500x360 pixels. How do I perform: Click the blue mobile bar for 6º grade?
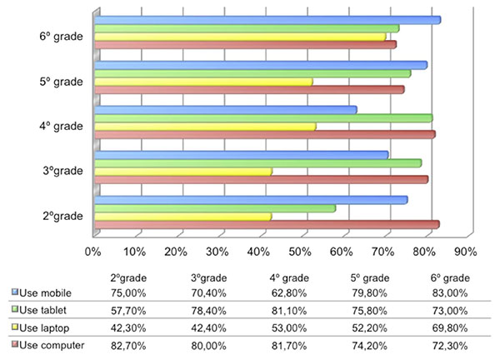pyautogui.click(x=267, y=20)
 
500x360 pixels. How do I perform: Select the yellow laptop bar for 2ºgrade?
pyautogui.click(x=182, y=216)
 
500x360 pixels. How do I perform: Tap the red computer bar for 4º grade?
pyautogui.click(x=264, y=134)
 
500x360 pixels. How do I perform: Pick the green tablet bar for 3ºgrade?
pyautogui.click(x=257, y=162)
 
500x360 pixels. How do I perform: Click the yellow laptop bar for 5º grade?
pyautogui.click(x=203, y=82)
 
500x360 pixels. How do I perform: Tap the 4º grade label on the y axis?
pyautogui.click(x=61, y=126)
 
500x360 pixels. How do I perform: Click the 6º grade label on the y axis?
pyautogui.click(x=61, y=37)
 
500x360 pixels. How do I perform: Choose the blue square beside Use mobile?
pyautogui.click(x=16, y=293)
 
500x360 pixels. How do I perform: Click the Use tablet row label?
pyautogui.click(x=52, y=309)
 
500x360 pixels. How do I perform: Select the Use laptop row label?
pyautogui.click(x=52, y=327)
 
